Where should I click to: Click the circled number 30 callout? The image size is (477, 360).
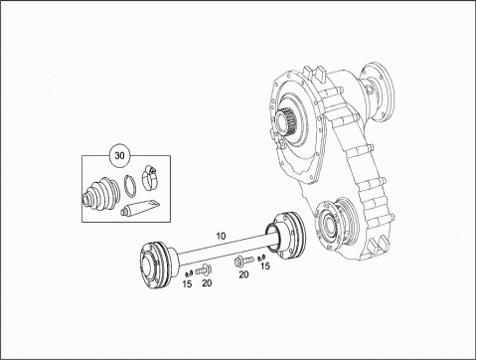pyautogui.click(x=119, y=155)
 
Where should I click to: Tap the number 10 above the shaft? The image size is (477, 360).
pyautogui.click(x=221, y=236)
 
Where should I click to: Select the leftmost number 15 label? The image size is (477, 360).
pyautogui.click(x=187, y=283)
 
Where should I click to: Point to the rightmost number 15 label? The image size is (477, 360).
pyautogui.click(x=265, y=266)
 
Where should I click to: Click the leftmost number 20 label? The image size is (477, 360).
pyautogui.click(x=207, y=283)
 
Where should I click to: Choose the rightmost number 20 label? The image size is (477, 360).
pyautogui.click(x=243, y=274)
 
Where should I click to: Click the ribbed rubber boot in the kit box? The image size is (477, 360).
pyautogui.click(x=100, y=195)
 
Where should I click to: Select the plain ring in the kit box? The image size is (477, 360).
pyautogui.click(x=130, y=186)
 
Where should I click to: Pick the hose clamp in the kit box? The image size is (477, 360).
pyautogui.click(x=149, y=179)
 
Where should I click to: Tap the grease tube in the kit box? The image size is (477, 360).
pyautogui.click(x=140, y=207)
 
